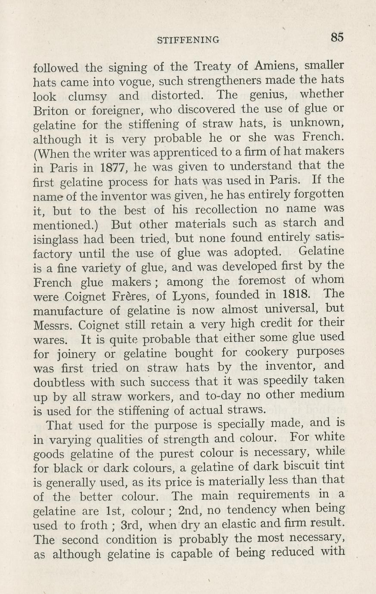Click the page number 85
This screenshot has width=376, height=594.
coord(337,37)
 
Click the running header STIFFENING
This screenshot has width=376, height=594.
coord(188,40)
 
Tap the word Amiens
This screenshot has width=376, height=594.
coord(276,65)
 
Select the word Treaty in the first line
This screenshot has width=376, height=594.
coord(213,67)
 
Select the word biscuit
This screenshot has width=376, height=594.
coord(302,466)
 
